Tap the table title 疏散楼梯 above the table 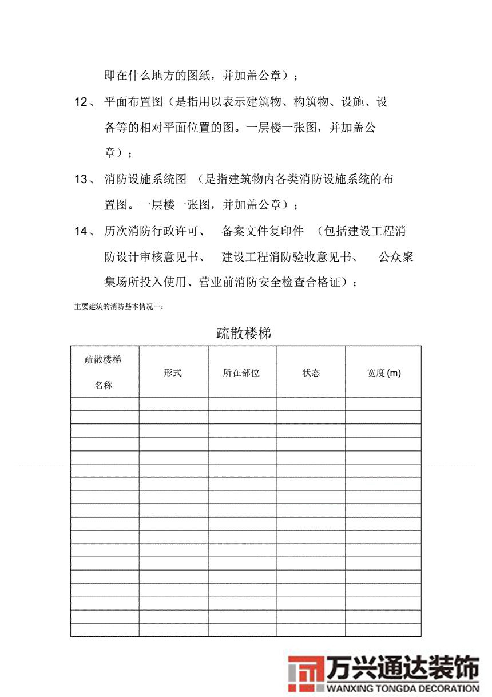pos(244,334)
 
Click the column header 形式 pos(173,373)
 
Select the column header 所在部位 pos(241,373)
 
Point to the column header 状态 pos(311,373)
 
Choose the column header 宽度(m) pos(384,373)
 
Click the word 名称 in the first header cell pos(104,386)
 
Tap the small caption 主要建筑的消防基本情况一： pos(120,307)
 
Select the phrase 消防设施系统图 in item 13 pos(145,180)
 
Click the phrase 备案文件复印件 pos(263,231)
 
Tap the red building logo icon pos(305,673)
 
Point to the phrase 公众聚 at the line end pos(396,257)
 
